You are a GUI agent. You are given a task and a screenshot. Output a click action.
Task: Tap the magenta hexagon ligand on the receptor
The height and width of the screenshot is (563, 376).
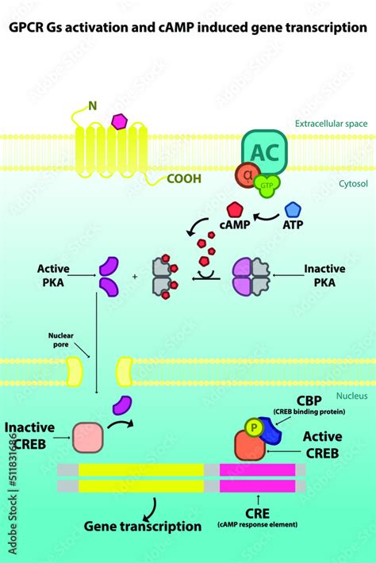(121, 121)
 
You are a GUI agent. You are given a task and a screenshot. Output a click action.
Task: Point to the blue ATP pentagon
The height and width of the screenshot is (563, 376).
(293, 209)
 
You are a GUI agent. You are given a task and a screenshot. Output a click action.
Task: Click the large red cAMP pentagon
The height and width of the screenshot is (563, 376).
(236, 210)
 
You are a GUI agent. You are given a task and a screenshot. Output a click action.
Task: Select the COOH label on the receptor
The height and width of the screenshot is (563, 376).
(183, 178)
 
